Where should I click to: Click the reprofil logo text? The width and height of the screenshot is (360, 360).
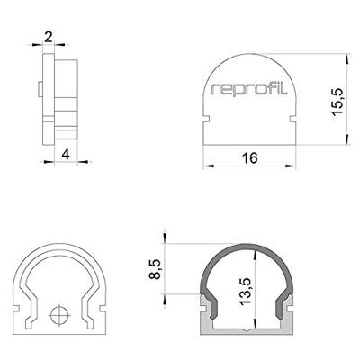(x=249, y=89)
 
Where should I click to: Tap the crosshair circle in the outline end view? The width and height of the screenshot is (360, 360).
(x=60, y=316)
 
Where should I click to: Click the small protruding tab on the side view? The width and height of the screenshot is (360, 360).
(x=41, y=88)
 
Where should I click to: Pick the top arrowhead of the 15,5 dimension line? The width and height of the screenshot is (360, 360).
(x=346, y=56)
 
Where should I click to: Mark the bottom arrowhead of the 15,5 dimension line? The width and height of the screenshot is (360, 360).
(x=346, y=139)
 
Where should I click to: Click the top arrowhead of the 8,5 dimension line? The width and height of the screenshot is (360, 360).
(x=165, y=245)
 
